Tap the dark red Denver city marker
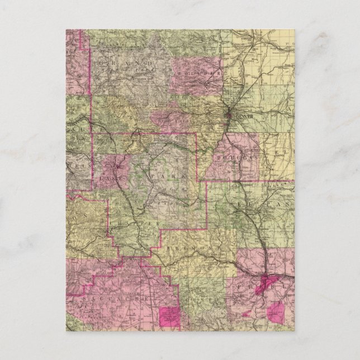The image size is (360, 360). [230, 115]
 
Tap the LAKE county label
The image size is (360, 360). [106, 177]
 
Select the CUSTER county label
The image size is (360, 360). [207, 302]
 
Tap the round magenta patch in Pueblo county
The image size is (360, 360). [276, 311]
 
